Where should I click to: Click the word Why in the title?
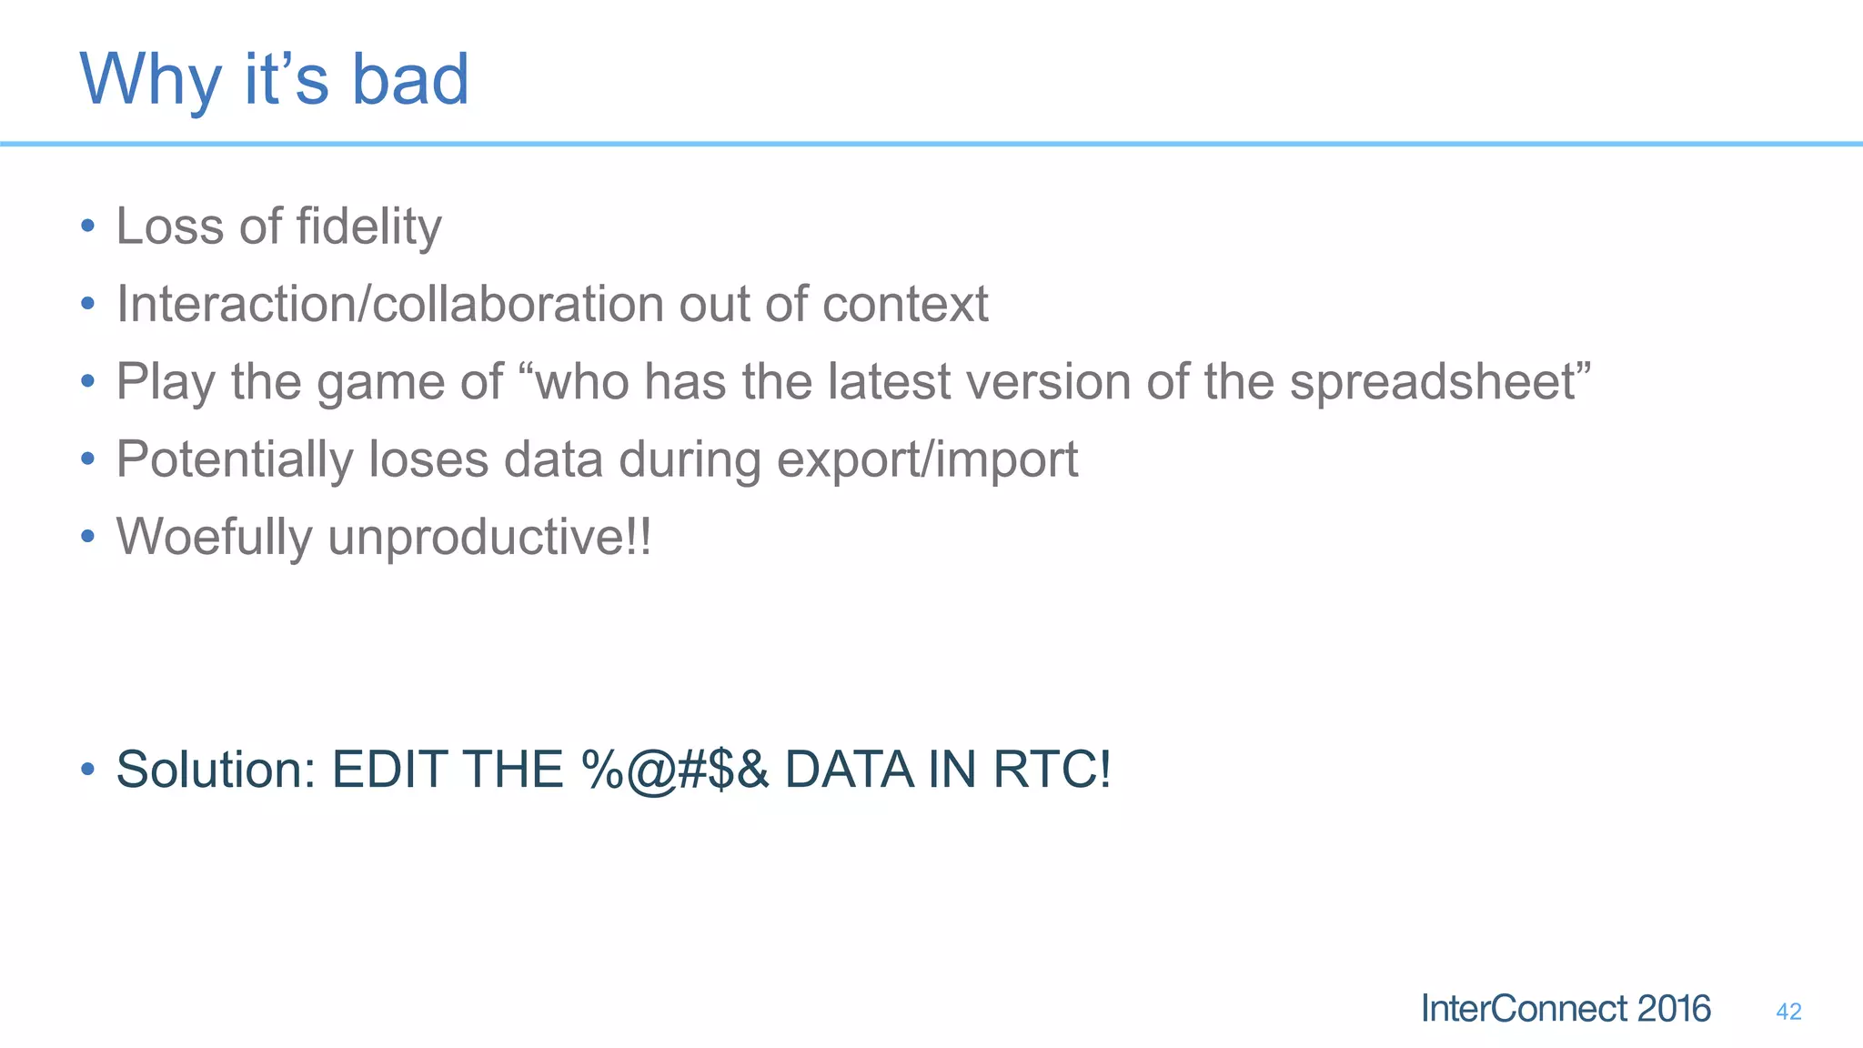point(151,80)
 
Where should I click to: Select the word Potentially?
point(234,459)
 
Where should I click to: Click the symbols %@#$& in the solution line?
point(675,771)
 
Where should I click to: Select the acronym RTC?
point(1051,770)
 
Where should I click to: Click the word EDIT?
point(388,770)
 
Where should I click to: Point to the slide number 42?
point(1787,1012)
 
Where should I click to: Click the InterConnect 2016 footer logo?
point(1565,1009)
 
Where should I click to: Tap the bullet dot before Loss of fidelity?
point(87,227)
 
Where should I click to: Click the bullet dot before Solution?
point(87,770)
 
